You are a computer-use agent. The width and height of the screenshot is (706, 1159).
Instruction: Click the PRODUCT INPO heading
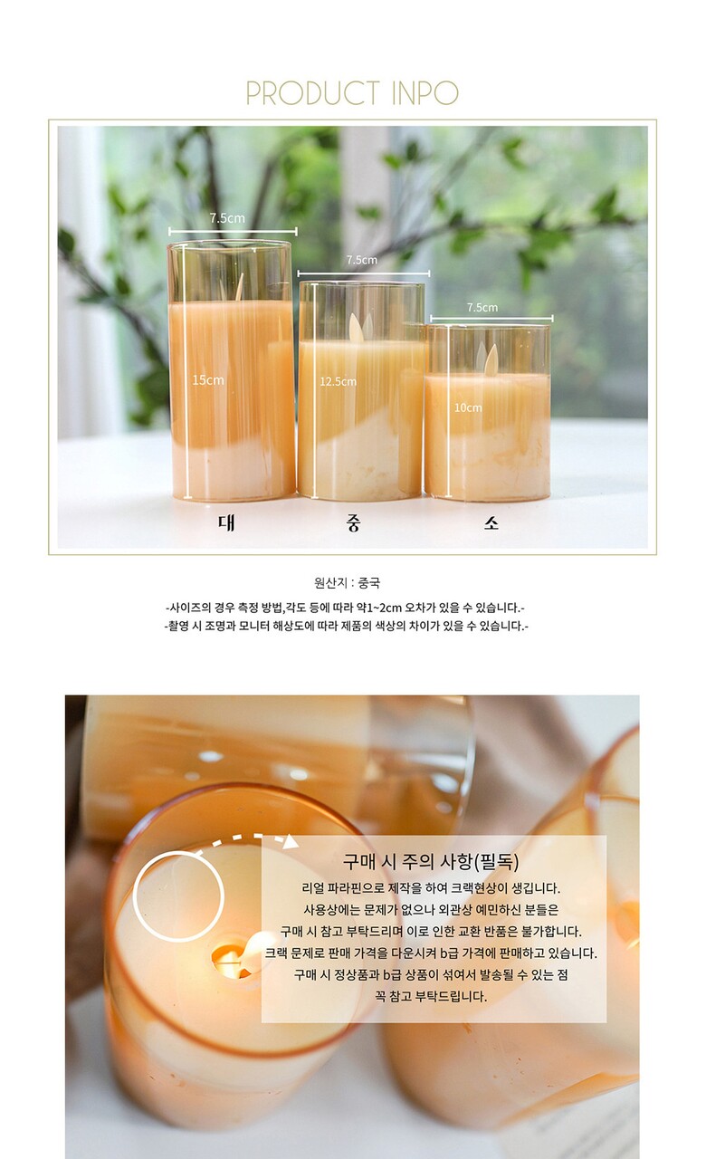tap(352, 93)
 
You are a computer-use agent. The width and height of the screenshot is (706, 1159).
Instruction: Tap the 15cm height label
tap(208, 380)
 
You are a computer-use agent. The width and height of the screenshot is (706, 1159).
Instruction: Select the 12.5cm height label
tap(338, 382)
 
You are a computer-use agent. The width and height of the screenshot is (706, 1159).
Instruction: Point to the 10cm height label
tap(468, 407)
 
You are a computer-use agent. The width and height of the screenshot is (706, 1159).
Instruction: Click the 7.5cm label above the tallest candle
tap(227, 218)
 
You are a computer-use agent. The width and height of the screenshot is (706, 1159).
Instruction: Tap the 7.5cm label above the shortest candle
tap(482, 307)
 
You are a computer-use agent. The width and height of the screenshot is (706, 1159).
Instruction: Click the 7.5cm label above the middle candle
tap(361, 260)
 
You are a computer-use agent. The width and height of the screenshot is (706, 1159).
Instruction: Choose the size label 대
tap(226, 522)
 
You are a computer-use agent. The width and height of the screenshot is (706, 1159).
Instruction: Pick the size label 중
tap(353, 523)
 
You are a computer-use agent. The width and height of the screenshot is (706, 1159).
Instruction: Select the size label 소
tap(491, 523)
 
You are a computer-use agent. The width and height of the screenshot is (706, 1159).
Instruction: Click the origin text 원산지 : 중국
tap(347, 583)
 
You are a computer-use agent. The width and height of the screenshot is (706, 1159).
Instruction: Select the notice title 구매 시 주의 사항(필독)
tap(430, 861)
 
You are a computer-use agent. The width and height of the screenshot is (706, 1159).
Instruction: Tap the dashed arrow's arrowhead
tap(291, 841)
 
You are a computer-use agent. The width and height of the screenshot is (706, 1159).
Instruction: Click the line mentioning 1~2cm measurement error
tap(345, 608)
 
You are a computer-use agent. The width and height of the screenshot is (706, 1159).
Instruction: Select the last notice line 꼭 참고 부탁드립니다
tap(431, 996)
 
